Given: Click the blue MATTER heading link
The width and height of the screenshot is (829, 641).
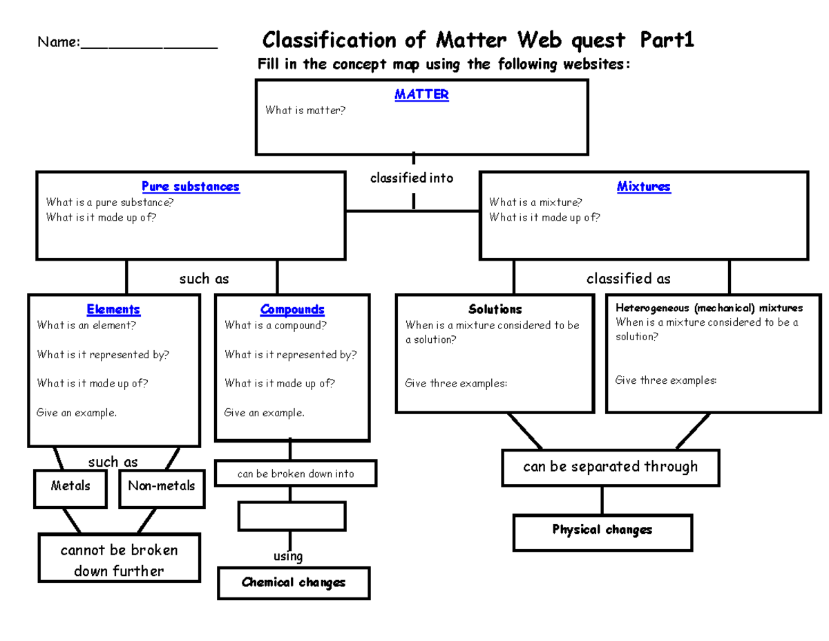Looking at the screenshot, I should (421, 95).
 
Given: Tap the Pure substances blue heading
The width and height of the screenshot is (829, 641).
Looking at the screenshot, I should (191, 187).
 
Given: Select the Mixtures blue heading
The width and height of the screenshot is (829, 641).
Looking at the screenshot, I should (643, 187).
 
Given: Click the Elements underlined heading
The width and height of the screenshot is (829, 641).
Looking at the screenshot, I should (113, 310).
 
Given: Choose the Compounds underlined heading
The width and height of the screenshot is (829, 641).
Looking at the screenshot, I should (292, 310).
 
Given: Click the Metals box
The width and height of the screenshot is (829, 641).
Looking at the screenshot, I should (70, 487).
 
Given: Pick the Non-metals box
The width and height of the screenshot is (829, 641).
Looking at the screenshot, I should (162, 487).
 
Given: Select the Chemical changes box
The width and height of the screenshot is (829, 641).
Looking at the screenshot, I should (294, 583).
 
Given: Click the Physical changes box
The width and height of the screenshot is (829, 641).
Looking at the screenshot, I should (602, 530).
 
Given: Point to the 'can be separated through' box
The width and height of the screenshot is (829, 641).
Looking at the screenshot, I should (611, 467).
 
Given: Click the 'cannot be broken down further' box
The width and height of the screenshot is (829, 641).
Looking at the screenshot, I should (120, 561).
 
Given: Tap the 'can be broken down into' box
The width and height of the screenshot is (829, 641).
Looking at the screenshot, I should (296, 474).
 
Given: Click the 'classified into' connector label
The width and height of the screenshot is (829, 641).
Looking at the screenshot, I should (412, 178).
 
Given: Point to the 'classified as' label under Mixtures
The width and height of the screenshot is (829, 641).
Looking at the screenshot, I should (628, 279).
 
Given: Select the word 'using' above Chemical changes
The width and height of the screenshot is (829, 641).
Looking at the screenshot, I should (288, 557).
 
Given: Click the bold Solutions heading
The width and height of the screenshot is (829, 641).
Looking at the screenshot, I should (495, 309).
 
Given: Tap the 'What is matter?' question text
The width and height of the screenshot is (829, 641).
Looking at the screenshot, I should (305, 111).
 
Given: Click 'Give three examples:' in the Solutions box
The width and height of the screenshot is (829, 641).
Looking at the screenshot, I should (456, 384).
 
